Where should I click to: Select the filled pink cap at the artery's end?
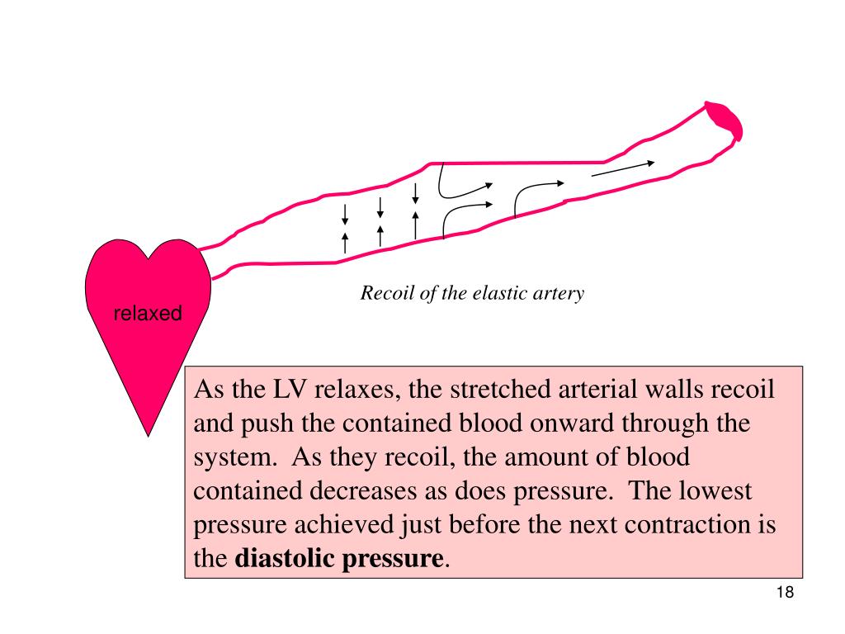point(725,118)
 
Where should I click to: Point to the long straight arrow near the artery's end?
point(623,168)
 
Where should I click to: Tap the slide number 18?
point(784,594)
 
